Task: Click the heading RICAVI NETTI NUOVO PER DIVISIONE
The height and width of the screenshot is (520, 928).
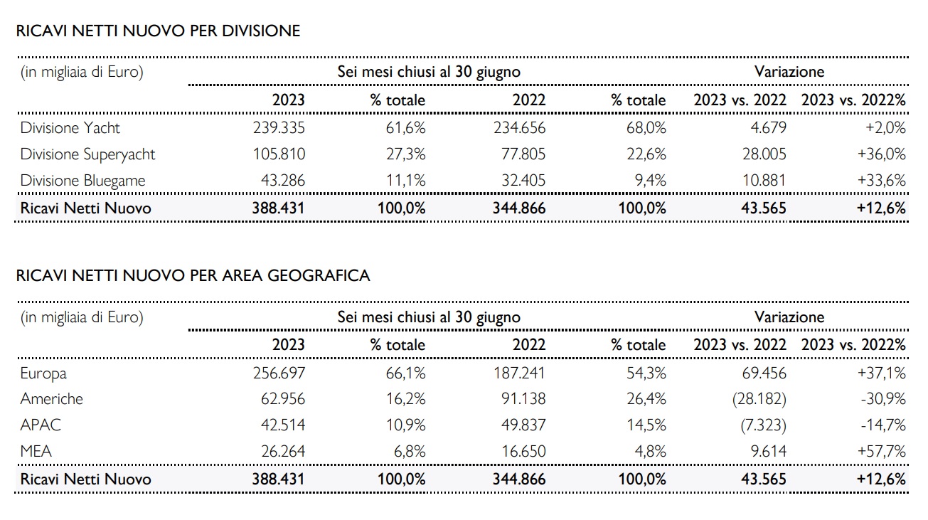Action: [x=158, y=31]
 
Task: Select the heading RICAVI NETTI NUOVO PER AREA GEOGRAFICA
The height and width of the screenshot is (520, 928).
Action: [x=193, y=275]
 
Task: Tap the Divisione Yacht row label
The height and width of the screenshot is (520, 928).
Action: [x=70, y=127]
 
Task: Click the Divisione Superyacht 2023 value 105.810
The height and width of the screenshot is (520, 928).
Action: [x=279, y=154]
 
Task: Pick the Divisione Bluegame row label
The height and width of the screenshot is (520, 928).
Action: [x=83, y=181]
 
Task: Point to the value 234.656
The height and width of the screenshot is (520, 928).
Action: [x=520, y=127]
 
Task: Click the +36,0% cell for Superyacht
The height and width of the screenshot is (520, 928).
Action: [x=881, y=154]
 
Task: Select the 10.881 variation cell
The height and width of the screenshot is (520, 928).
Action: [x=764, y=180]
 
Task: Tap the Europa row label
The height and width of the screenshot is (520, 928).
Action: [x=43, y=373]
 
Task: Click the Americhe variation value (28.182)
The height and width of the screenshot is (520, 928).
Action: [x=759, y=398]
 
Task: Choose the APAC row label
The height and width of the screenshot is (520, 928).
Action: [x=41, y=425]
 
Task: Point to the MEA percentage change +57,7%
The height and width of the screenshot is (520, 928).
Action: [x=881, y=451]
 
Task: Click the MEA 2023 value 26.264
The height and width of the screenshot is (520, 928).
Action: [x=283, y=451]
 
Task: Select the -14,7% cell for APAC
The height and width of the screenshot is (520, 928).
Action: [x=882, y=425]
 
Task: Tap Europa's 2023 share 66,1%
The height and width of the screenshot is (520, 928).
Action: [x=405, y=373]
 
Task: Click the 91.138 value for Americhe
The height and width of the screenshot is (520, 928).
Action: [x=523, y=398]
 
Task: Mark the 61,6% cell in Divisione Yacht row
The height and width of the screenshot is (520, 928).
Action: [x=405, y=127]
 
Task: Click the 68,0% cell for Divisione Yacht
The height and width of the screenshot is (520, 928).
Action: [x=646, y=127]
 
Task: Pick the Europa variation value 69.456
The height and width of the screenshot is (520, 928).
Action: [x=764, y=373]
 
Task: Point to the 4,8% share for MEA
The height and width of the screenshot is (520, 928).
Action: [x=651, y=451]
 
